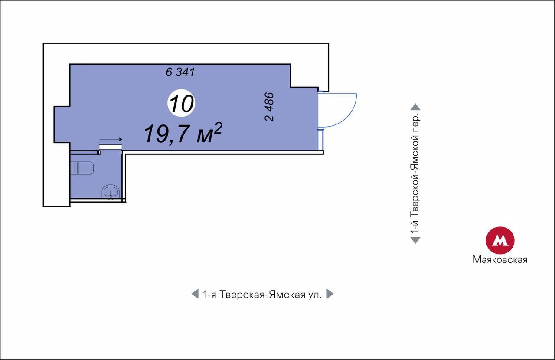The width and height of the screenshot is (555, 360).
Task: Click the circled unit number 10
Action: point(181,103)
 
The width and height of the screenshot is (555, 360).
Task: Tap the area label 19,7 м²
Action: point(183,134)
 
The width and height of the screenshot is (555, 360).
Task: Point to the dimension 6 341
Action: point(180,72)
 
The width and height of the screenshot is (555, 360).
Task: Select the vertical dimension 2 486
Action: point(269,107)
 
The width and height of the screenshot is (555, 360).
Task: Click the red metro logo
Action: point(500,240)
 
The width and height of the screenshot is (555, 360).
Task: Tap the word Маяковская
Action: point(500,259)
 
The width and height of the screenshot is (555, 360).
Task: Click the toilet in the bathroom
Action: point(82,168)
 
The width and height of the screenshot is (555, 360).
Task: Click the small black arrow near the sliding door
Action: point(111,139)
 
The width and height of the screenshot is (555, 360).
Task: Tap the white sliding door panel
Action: point(111,147)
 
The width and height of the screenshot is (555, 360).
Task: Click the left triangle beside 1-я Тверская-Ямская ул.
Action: point(195,294)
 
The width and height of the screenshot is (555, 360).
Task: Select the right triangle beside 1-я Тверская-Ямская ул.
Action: point(330,294)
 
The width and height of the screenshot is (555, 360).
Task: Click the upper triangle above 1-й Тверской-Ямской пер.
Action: point(415,107)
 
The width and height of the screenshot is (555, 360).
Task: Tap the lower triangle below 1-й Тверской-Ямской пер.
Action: point(415,240)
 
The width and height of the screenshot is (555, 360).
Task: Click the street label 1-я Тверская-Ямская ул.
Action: point(262,295)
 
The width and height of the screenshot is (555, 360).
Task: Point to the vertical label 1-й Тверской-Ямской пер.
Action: point(415,173)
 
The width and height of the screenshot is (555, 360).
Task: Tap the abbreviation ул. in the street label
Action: point(315,295)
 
